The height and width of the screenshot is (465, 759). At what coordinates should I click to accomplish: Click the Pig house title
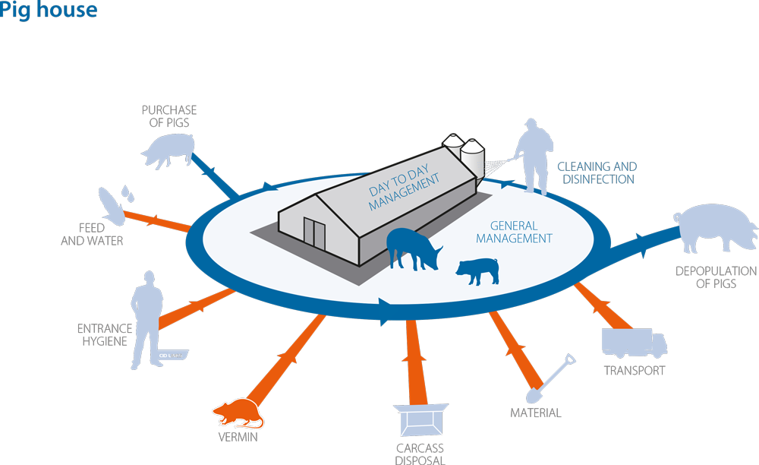[49, 10]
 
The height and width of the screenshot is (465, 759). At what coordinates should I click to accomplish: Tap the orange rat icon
[238, 413]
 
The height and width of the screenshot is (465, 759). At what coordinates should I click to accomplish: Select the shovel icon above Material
[551, 378]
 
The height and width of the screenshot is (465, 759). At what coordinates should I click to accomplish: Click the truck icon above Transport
[634, 343]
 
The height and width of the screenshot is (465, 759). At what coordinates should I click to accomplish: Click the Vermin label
[238, 437]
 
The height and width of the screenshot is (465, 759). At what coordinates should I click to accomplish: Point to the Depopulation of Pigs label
[716, 277]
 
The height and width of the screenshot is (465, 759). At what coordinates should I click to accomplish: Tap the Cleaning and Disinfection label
[597, 173]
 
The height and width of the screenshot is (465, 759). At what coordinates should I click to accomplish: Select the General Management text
[514, 232]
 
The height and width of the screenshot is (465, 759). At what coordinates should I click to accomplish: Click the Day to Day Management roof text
[403, 187]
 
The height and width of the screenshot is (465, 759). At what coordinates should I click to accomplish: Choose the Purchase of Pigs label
[169, 116]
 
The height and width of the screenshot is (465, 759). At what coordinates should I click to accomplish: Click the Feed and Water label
[92, 235]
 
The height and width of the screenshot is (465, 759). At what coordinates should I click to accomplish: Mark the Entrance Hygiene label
[105, 335]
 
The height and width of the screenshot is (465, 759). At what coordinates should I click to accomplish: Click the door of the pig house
[314, 234]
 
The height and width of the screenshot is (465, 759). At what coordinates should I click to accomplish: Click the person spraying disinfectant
[534, 157]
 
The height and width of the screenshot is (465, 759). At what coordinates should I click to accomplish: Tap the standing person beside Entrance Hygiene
[146, 320]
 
